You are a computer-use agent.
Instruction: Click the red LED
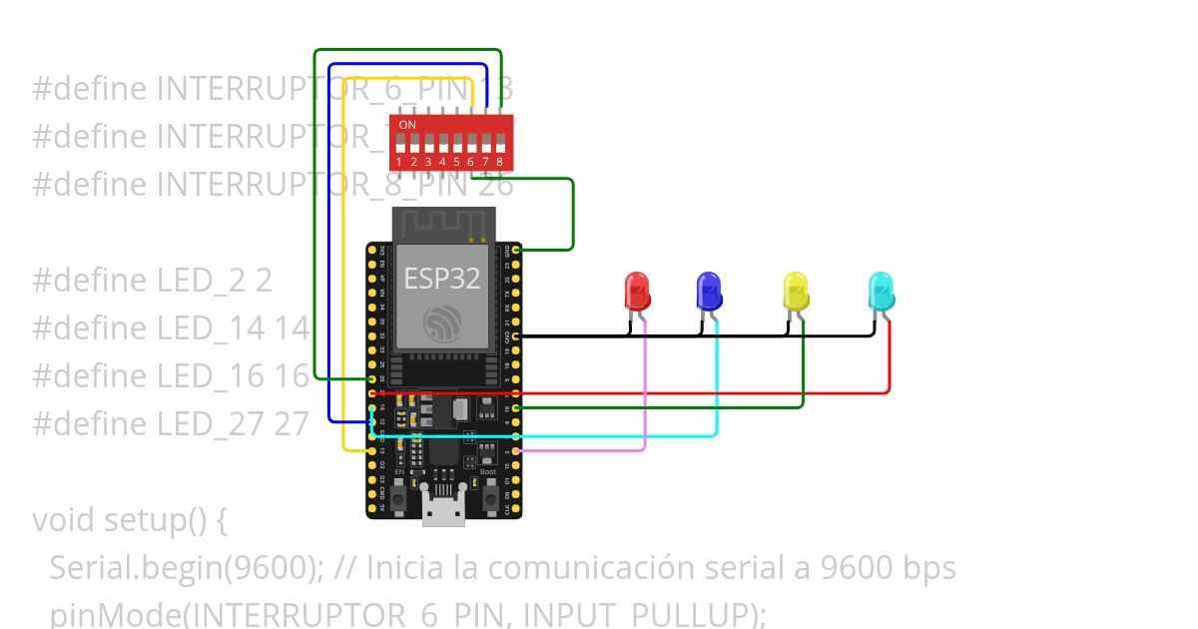pos(637,291)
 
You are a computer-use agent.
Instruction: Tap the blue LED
pos(709,291)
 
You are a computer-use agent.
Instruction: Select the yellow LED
pos(796,291)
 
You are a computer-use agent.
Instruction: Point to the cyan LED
pos(882,291)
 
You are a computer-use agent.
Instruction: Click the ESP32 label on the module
pos(442,279)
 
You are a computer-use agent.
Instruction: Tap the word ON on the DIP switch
pos(407,125)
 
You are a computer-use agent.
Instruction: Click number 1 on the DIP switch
pos(399,161)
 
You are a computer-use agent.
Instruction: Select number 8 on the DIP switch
pos(499,161)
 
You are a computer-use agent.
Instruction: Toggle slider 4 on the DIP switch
pos(442,143)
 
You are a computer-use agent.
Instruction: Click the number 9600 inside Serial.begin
pos(269,568)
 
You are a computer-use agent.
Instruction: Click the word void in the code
pos(64,520)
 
